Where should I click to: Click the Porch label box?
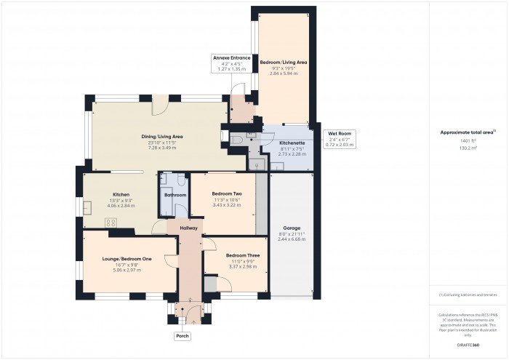(x=182, y=336)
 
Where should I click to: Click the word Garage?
(x=291, y=228)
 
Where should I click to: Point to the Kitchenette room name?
(x=292, y=143)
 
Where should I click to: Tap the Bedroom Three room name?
(x=240, y=255)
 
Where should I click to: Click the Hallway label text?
(x=189, y=228)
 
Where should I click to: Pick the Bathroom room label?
(x=175, y=195)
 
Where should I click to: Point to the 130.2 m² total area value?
(x=468, y=147)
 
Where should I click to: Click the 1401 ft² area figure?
(x=468, y=140)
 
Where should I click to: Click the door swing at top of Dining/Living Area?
(x=160, y=108)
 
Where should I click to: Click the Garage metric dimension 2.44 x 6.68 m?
(x=291, y=239)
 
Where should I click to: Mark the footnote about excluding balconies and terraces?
(x=468, y=295)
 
